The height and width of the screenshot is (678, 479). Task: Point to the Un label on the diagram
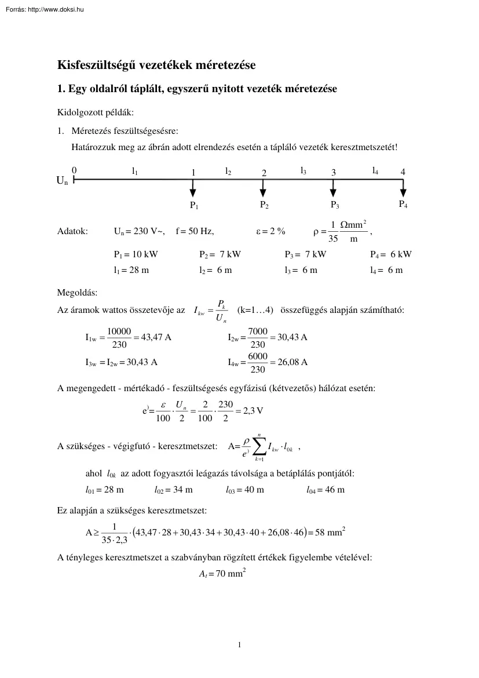click(61, 180)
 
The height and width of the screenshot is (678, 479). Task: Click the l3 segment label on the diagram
click(304, 170)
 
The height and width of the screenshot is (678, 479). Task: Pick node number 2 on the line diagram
click(264, 173)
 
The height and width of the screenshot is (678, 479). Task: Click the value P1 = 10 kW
click(136, 254)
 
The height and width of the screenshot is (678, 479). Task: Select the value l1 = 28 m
click(131, 270)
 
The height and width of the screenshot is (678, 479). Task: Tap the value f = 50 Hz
click(194, 231)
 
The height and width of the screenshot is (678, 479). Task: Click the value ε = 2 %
click(270, 231)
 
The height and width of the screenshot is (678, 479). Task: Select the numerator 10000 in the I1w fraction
click(119, 331)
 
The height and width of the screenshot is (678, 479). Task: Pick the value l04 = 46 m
click(326, 490)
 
